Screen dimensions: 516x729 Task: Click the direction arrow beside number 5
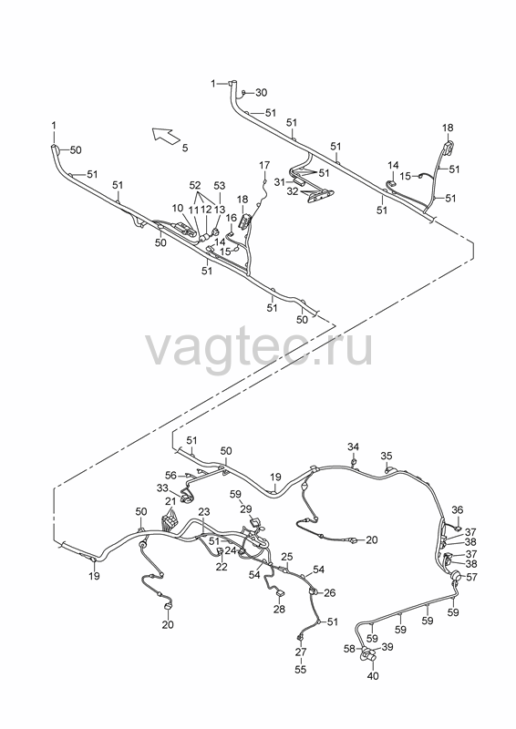tap(166, 135)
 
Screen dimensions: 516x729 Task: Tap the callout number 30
tap(262, 93)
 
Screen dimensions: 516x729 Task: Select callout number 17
tap(264, 165)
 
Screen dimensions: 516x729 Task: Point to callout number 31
tap(279, 182)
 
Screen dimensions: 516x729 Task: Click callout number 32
tap(294, 191)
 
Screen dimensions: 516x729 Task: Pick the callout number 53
tap(219, 186)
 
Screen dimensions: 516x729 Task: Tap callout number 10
tap(178, 208)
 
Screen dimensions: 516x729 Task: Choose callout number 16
tap(232, 218)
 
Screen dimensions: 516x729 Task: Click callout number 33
tap(162, 488)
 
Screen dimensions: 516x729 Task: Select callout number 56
tap(171, 475)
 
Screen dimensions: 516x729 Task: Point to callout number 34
tap(353, 447)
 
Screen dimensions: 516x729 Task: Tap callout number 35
tap(387, 455)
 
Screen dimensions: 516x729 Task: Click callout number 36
tap(458, 510)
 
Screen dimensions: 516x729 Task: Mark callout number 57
tap(472, 577)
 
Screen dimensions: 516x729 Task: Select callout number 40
tap(373, 675)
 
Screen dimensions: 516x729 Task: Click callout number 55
tap(301, 669)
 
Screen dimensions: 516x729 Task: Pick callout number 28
tap(279, 609)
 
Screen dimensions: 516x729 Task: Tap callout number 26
tap(330, 593)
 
